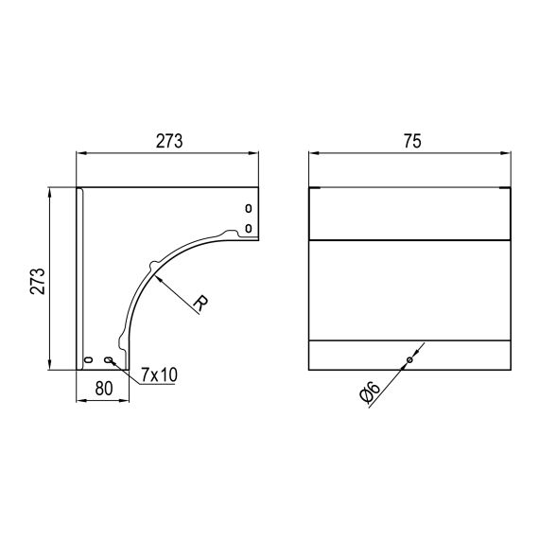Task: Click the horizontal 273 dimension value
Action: coord(169,141)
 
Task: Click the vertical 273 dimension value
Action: coord(38,281)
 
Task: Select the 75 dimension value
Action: coord(412,141)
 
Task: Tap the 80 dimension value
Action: coord(104,389)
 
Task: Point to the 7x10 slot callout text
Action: coord(159,374)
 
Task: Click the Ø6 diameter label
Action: coord(370,391)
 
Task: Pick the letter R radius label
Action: coord(201,303)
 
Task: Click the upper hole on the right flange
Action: coord(248,208)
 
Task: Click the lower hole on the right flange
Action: coord(248,228)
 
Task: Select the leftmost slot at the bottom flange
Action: coord(89,359)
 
